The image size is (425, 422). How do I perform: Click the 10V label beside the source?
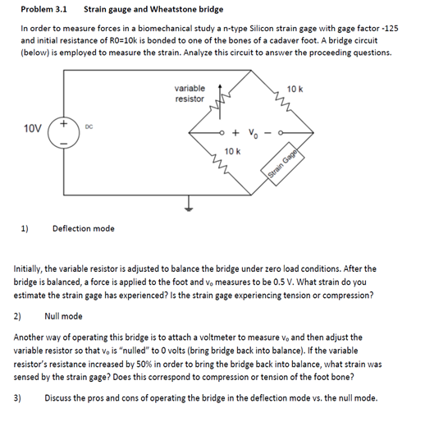pos(33,128)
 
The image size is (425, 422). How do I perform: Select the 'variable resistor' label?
pos(190,93)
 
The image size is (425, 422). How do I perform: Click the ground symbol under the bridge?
pos(190,206)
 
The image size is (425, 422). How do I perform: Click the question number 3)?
pos(17,397)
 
